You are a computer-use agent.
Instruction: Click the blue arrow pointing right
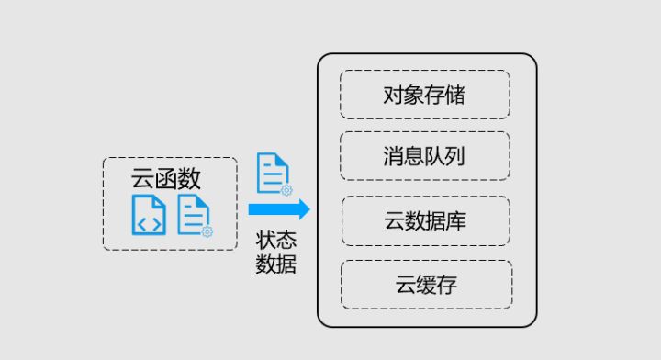click(278, 209)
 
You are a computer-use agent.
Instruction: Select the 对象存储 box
click(424, 95)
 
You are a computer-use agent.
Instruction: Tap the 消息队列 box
click(424, 155)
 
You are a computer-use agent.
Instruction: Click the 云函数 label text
click(166, 177)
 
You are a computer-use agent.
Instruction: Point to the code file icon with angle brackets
click(149, 215)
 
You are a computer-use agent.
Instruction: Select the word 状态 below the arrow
click(276, 241)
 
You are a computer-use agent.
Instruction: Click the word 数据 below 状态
click(276, 264)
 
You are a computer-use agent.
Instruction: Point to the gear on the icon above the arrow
click(286, 190)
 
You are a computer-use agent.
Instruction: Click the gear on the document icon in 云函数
click(207, 231)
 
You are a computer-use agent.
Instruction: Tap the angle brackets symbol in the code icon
click(149, 221)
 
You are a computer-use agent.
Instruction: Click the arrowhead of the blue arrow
click(302, 209)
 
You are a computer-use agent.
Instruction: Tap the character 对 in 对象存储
click(394, 95)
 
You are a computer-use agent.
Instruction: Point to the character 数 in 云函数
click(189, 177)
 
